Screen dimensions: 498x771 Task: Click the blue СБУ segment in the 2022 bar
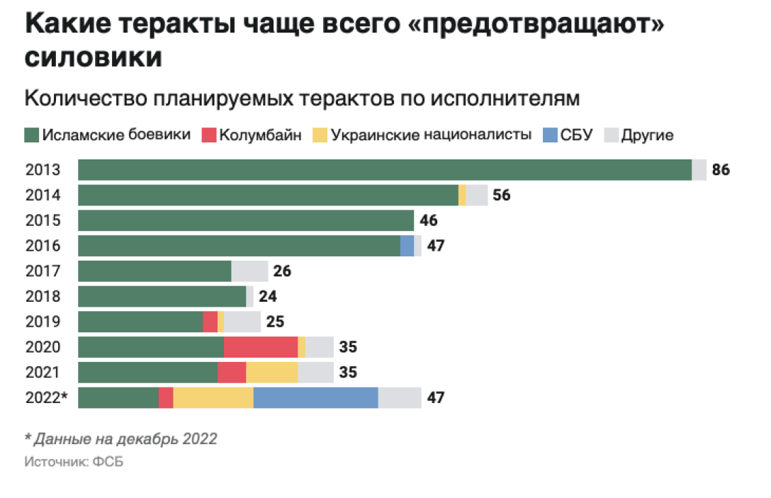315,398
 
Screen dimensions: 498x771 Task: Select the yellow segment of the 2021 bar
271,373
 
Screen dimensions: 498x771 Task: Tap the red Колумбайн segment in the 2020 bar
260,347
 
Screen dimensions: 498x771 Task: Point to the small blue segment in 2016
407,246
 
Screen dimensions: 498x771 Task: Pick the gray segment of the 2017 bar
249,271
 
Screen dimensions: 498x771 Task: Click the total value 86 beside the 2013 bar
720,171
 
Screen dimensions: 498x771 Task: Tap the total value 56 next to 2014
502,196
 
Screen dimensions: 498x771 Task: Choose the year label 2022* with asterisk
46,398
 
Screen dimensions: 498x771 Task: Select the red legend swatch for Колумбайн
208,135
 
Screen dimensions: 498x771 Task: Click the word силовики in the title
93,58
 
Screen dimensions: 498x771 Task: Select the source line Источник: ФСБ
68,461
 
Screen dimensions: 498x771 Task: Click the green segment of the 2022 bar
118,398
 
